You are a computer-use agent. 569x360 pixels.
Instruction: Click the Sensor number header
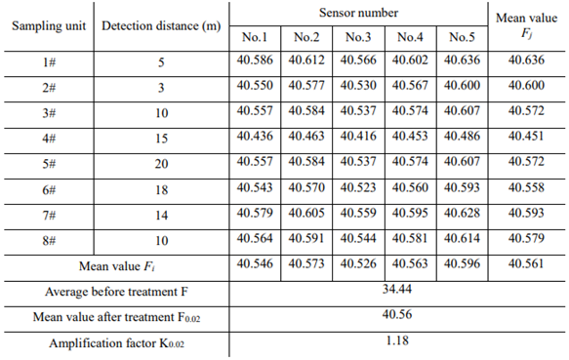coord(358,13)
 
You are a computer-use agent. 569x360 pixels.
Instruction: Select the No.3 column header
coord(358,38)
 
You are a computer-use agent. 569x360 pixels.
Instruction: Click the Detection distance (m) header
coord(161,24)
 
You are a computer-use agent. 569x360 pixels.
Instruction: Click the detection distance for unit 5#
coord(161,162)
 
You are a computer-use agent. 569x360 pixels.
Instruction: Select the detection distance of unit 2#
coord(161,86)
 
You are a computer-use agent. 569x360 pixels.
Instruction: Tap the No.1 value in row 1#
coord(255,60)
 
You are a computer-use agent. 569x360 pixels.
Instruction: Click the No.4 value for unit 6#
coord(411,187)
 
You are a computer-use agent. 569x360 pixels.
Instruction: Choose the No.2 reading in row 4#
coord(306,137)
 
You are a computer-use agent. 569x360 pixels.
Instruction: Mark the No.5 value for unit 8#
coord(463,238)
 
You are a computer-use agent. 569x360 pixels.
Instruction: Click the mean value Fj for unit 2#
coord(527,86)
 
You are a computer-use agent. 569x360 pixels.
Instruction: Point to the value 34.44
coord(396,291)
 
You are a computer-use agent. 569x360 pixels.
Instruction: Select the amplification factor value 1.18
coord(396,341)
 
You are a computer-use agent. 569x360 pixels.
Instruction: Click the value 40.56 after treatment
coord(396,316)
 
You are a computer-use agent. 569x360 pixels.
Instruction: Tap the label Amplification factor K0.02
coord(114,342)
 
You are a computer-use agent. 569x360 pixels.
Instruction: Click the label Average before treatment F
coord(114,291)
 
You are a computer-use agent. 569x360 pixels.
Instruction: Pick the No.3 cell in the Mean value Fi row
coord(358,264)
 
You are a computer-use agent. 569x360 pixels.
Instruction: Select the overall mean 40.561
coord(527,264)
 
